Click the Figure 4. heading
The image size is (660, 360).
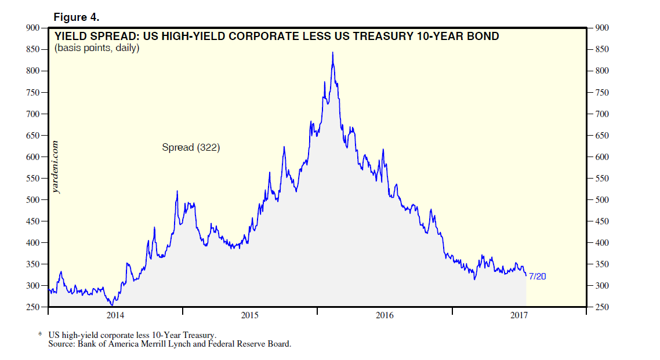click(x=77, y=16)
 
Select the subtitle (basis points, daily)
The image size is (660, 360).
click(x=97, y=48)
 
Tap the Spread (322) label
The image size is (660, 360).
click(x=191, y=148)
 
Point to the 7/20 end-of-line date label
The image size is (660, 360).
click(x=538, y=277)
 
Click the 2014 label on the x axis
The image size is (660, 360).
click(x=115, y=315)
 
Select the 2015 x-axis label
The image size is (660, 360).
click(x=250, y=315)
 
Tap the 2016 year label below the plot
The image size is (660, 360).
click(x=385, y=315)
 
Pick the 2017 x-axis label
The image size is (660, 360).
click(x=519, y=315)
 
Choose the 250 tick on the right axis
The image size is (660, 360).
click(x=602, y=307)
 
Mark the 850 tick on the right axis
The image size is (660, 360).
click(x=602, y=49)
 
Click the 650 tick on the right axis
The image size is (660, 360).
click(x=602, y=136)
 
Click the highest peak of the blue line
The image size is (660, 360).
click(x=332, y=53)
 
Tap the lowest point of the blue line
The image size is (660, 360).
click(x=112, y=305)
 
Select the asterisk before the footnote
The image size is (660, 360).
click(x=40, y=335)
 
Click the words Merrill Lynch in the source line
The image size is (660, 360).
click(x=176, y=344)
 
